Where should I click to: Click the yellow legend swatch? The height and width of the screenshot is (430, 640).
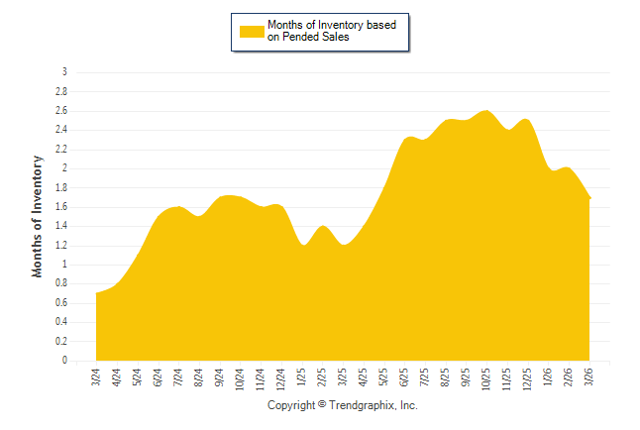point(252,31)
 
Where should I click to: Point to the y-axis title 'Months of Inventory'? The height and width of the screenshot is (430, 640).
point(38,216)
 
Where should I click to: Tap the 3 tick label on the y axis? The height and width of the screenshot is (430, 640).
point(64,72)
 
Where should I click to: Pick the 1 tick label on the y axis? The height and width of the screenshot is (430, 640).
point(64,265)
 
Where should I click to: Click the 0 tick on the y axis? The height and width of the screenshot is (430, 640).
point(64,361)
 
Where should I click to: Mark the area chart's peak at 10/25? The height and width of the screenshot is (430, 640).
point(486,111)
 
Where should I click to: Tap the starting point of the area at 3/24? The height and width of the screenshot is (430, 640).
point(97,292)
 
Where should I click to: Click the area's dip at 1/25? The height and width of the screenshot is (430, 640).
point(302,246)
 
